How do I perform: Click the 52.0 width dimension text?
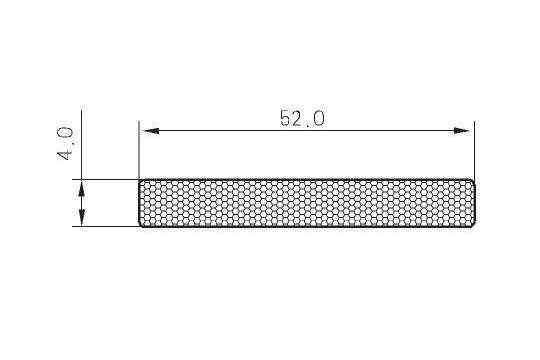pos(302,118)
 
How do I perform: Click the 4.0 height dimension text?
pos(65,144)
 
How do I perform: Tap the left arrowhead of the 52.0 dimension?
pos(150,131)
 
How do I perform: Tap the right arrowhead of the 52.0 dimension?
pos(461,131)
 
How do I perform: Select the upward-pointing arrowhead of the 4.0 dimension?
pos(82,189)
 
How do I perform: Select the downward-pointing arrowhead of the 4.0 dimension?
pos(82,217)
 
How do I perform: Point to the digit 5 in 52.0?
pos(286,118)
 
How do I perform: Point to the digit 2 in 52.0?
pos(298,118)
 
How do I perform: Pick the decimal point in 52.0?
pos(308,125)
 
